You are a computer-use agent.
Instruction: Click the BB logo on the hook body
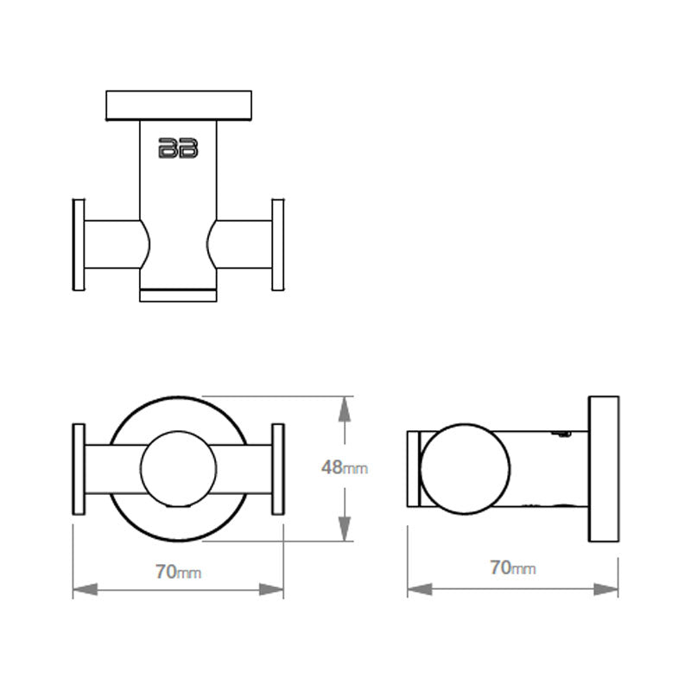[178, 148]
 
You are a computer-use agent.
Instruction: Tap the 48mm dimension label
[345, 468]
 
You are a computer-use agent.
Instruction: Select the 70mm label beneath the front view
[179, 572]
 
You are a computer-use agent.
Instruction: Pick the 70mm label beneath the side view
[513, 567]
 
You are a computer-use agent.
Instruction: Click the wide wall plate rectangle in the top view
[178, 105]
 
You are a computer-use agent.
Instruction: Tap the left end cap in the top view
[78, 244]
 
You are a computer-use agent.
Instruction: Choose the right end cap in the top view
[278, 244]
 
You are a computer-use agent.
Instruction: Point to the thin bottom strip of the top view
[178, 295]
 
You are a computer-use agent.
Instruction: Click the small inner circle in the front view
[178, 469]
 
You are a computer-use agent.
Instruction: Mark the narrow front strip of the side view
[413, 469]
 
